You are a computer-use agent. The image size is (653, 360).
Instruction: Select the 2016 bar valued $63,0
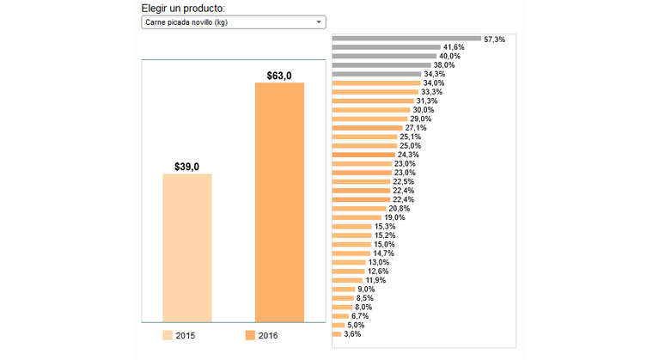click(x=279, y=202)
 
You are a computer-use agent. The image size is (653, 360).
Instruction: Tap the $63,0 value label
click(x=279, y=76)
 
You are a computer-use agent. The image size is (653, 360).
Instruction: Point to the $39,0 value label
click(x=187, y=167)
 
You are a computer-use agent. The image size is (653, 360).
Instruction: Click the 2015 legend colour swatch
click(x=167, y=335)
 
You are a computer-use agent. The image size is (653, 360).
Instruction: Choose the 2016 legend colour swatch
click(x=250, y=335)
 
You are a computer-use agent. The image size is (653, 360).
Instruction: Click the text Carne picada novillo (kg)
click(x=186, y=21)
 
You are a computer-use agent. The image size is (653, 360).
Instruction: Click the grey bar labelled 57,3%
click(x=406, y=39)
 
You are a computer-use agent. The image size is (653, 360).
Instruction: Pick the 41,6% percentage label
click(x=454, y=47)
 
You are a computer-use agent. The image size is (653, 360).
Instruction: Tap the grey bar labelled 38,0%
click(x=381, y=65)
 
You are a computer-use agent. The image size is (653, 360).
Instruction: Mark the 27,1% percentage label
click(x=416, y=128)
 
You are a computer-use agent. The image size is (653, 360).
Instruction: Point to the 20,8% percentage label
click(x=399, y=209)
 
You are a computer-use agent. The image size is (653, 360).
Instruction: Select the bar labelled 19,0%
click(x=357, y=217)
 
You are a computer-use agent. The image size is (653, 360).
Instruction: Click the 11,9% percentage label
click(x=375, y=280)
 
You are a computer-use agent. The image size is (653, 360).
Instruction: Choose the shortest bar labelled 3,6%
click(x=337, y=334)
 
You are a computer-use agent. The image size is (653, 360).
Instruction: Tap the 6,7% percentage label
click(x=360, y=316)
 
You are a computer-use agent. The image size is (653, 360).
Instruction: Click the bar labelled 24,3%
click(x=364, y=155)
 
